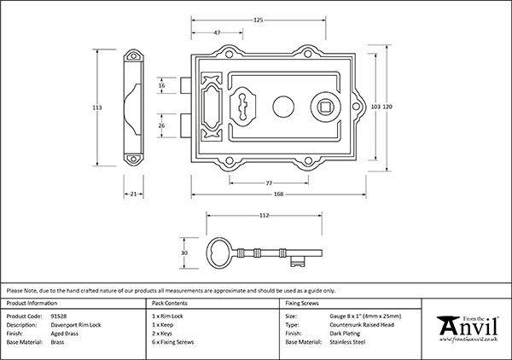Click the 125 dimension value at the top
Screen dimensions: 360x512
tap(258, 20)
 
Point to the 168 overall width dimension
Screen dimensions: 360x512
tap(279, 195)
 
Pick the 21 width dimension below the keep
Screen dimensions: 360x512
tap(134, 195)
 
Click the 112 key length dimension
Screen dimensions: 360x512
tap(265, 215)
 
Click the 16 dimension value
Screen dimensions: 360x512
tap(162, 85)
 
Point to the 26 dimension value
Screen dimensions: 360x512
tap(162, 125)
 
